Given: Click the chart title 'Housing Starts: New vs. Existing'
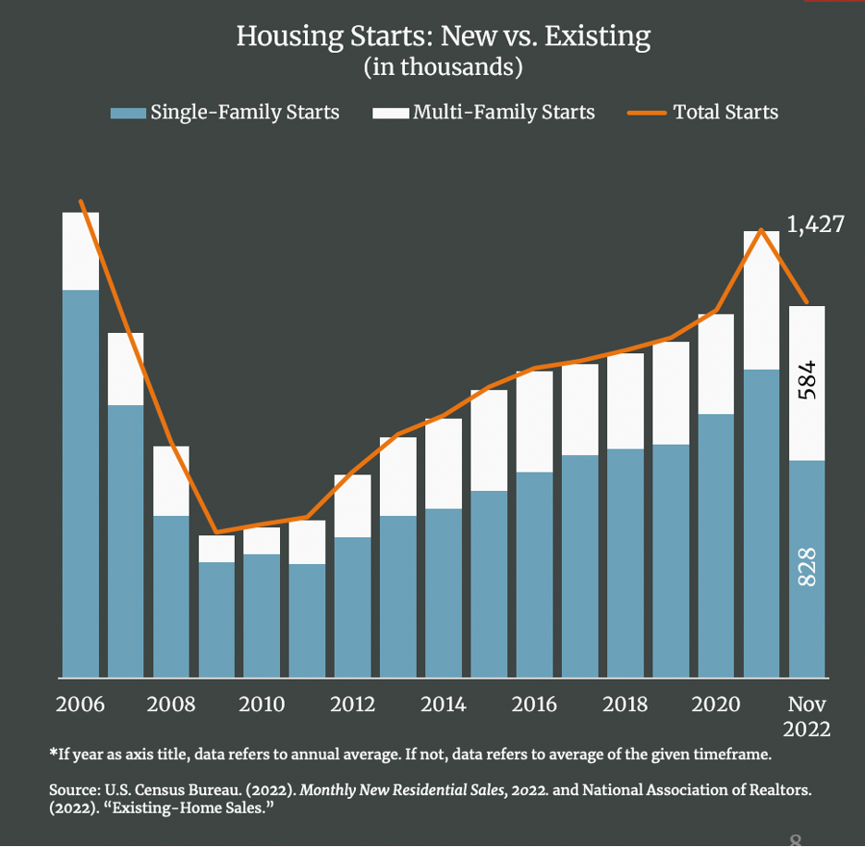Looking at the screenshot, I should click(444, 37).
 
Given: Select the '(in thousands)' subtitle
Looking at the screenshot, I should click(444, 68).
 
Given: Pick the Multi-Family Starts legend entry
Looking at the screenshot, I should click(484, 113).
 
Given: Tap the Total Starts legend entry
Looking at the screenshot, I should click(704, 113).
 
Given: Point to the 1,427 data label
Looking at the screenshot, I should click(815, 224).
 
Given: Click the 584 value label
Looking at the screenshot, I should click(807, 380).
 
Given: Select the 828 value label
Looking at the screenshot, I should click(807, 567).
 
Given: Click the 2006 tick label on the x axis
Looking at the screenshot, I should click(80, 705).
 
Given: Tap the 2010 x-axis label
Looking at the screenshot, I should click(262, 705).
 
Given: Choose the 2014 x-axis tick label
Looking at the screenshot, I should click(444, 705).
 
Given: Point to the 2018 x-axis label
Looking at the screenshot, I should click(625, 705).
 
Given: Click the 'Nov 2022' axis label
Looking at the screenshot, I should click(807, 716).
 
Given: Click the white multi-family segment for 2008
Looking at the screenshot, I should click(171, 481).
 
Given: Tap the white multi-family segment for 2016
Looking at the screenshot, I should click(534, 422).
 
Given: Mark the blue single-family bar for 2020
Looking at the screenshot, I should click(715, 546).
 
